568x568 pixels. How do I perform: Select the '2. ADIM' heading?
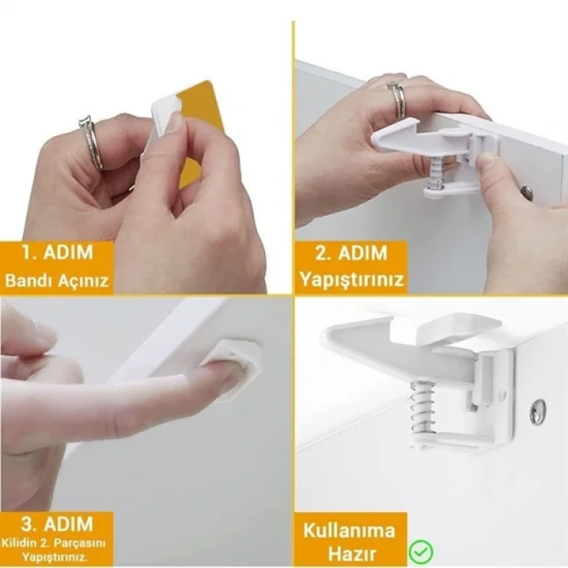351,252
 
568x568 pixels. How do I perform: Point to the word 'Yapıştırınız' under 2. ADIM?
351,281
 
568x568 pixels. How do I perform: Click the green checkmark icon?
420,552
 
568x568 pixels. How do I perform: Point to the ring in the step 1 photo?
91,144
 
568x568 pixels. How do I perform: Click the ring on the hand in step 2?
398,99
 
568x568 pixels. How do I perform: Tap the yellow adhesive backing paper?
199,122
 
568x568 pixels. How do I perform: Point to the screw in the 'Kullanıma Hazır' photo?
538,412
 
